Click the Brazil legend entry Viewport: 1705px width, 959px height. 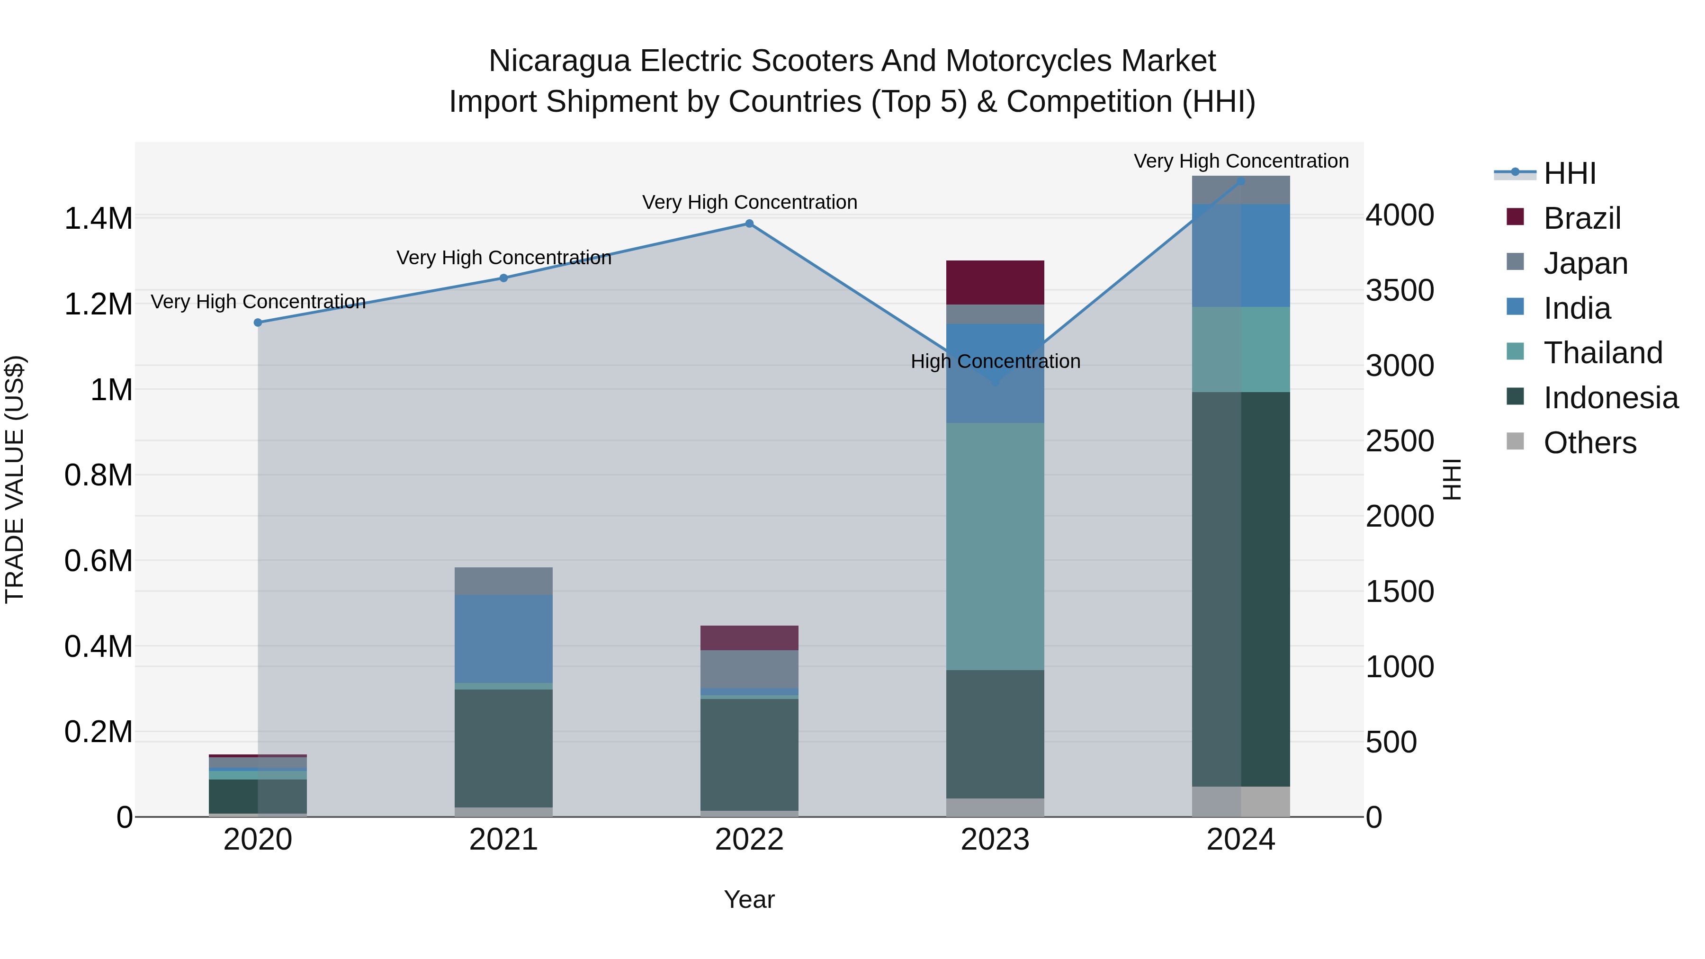(1581, 218)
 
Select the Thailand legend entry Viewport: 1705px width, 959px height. (1602, 353)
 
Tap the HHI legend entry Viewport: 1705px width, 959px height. (1569, 173)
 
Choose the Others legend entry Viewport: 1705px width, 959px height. (1588, 443)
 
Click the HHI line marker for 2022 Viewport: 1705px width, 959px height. (749, 224)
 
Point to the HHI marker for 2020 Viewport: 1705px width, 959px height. (258, 323)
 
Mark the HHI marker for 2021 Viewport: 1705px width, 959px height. (504, 278)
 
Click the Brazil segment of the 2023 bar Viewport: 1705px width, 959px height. (995, 283)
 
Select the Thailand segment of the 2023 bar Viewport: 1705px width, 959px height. (995, 546)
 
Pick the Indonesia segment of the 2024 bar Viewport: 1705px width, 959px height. (1241, 589)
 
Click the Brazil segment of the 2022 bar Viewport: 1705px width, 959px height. (749, 637)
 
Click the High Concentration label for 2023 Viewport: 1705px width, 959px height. (995, 361)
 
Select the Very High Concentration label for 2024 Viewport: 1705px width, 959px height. (1241, 161)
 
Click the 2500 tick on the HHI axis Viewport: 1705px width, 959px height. (1399, 441)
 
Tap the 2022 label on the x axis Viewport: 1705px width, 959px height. (749, 840)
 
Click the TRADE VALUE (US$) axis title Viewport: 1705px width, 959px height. (15, 479)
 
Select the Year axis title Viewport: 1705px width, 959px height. (749, 899)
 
